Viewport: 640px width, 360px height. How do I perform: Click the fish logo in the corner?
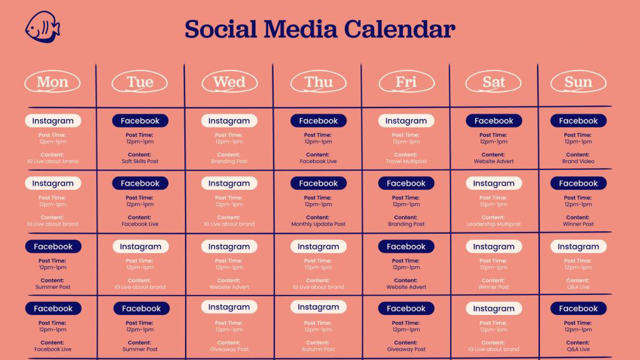(42, 27)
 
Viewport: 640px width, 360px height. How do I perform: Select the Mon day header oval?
(52, 82)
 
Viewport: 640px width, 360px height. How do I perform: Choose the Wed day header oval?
(229, 82)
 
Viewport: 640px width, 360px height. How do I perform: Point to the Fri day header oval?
(406, 82)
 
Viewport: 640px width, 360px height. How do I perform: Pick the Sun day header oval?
(578, 82)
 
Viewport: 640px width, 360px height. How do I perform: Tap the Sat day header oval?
(494, 82)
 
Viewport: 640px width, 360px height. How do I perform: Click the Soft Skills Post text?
(140, 161)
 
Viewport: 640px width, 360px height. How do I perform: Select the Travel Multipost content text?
(406, 161)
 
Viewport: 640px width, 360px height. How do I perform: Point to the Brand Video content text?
(578, 161)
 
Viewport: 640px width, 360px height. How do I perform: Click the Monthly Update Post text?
(318, 224)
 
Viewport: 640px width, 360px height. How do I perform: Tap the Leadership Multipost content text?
(494, 224)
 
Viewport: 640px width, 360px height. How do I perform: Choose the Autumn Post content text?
(318, 349)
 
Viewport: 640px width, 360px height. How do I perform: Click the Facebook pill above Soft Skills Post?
(140, 121)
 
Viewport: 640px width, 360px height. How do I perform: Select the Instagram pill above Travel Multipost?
(406, 121)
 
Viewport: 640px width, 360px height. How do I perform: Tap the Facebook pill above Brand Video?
(578, 121)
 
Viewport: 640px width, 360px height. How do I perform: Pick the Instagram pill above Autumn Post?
(318, 307)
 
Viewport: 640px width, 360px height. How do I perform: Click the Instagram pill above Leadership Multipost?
(494, 183)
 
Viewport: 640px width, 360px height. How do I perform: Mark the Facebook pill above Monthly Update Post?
(318, 183)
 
